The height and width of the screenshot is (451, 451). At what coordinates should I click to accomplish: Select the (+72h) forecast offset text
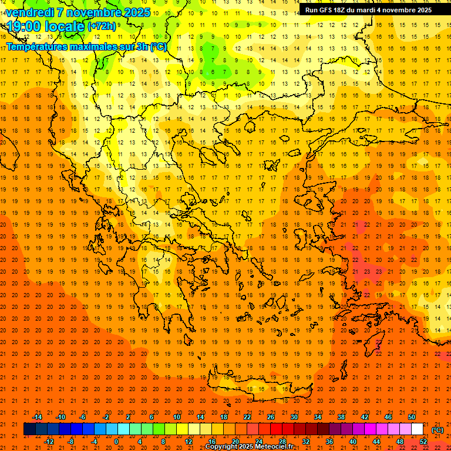point(102,26)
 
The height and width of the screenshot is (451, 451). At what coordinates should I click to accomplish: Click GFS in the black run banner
point(329,10)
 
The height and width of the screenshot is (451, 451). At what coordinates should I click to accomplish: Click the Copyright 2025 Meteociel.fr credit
point(249,446)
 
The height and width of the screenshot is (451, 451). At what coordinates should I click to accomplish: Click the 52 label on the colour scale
point(423,442)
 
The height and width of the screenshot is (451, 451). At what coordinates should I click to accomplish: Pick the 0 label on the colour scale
point(116,442)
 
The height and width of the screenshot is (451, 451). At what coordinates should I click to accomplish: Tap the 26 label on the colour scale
point(271,417)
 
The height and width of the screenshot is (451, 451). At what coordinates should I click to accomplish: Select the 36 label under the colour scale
point(329,442)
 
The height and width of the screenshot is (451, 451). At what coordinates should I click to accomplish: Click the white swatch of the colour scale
point(418,429)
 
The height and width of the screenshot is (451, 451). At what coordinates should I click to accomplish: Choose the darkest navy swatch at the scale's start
point(29,429)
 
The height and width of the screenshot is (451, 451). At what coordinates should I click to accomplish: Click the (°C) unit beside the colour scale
point(437,430)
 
